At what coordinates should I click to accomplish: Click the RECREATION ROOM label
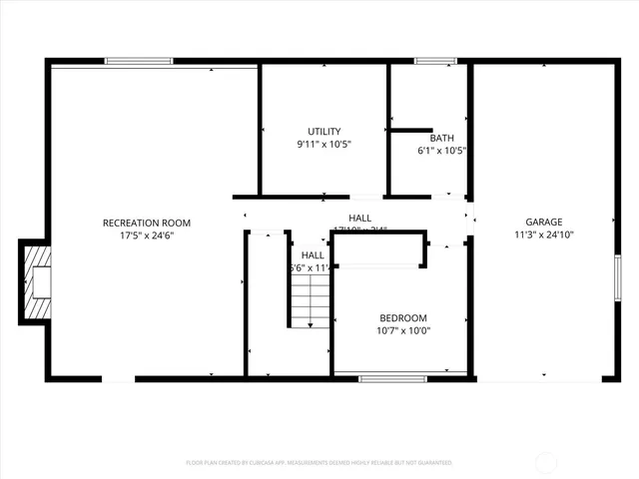coord(147,223)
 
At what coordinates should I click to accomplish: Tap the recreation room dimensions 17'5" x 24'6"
coord(147,236)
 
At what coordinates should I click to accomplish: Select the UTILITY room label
coord(324,132)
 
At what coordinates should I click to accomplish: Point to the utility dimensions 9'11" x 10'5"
coord(324,145)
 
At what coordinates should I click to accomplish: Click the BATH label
coord(441,138)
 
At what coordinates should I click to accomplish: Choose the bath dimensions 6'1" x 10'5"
coord(441,151)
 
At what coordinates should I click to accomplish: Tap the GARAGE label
coord(545,223)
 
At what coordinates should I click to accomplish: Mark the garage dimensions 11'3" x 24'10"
coord(545,236)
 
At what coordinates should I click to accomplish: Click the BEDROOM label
coord(402,317)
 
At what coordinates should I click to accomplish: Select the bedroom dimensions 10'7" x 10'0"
coord(402,330)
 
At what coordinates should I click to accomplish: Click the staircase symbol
coord(311,300)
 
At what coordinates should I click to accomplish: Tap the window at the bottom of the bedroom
coord(385,378)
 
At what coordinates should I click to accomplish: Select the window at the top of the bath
coord(435,62)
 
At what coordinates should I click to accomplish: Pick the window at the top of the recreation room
coord(133,62)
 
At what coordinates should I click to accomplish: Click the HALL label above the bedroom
coord(360,219)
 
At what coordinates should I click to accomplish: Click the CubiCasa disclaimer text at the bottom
coord(319,463)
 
